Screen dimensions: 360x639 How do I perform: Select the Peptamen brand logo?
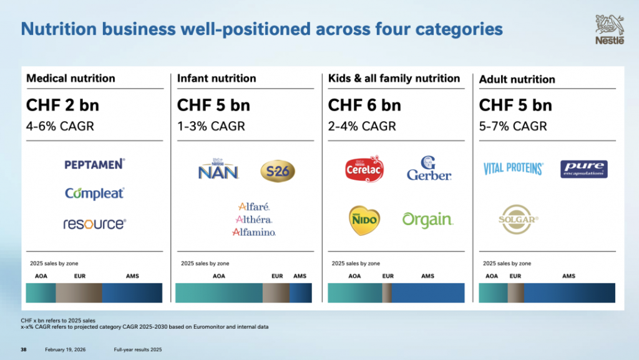95,164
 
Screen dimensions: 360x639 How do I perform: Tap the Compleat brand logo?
95,193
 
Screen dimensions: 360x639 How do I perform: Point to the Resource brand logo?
95,223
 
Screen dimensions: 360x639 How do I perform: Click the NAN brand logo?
218,170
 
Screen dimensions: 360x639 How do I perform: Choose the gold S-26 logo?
277,170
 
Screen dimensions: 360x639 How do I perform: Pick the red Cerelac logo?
364,169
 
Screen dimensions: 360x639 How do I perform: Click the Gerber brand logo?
429,168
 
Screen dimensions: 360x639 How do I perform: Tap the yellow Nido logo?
364,220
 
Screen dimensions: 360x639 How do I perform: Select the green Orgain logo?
427,220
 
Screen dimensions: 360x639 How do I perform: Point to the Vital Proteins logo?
513,168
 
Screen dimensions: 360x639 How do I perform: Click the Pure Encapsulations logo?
583,168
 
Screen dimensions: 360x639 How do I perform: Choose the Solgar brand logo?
519,219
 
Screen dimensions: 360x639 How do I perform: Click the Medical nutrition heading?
71,79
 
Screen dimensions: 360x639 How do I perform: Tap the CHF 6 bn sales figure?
364,105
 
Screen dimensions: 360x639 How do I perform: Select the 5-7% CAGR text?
513,126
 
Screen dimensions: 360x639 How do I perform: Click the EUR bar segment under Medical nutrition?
79,293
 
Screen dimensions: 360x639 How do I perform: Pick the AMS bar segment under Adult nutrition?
569,293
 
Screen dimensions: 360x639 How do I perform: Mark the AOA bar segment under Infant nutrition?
218,293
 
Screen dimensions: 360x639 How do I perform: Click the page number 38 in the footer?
24,349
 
